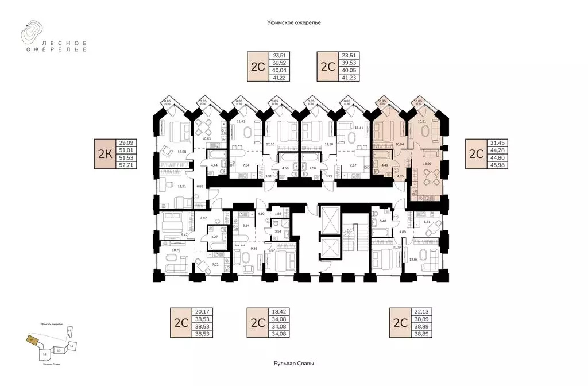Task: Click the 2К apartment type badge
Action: (x=105, y=154)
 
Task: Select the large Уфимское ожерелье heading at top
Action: (x=293, y=21)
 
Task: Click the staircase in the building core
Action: (x=348, y=235)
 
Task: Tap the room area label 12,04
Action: (x=413, y=260)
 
